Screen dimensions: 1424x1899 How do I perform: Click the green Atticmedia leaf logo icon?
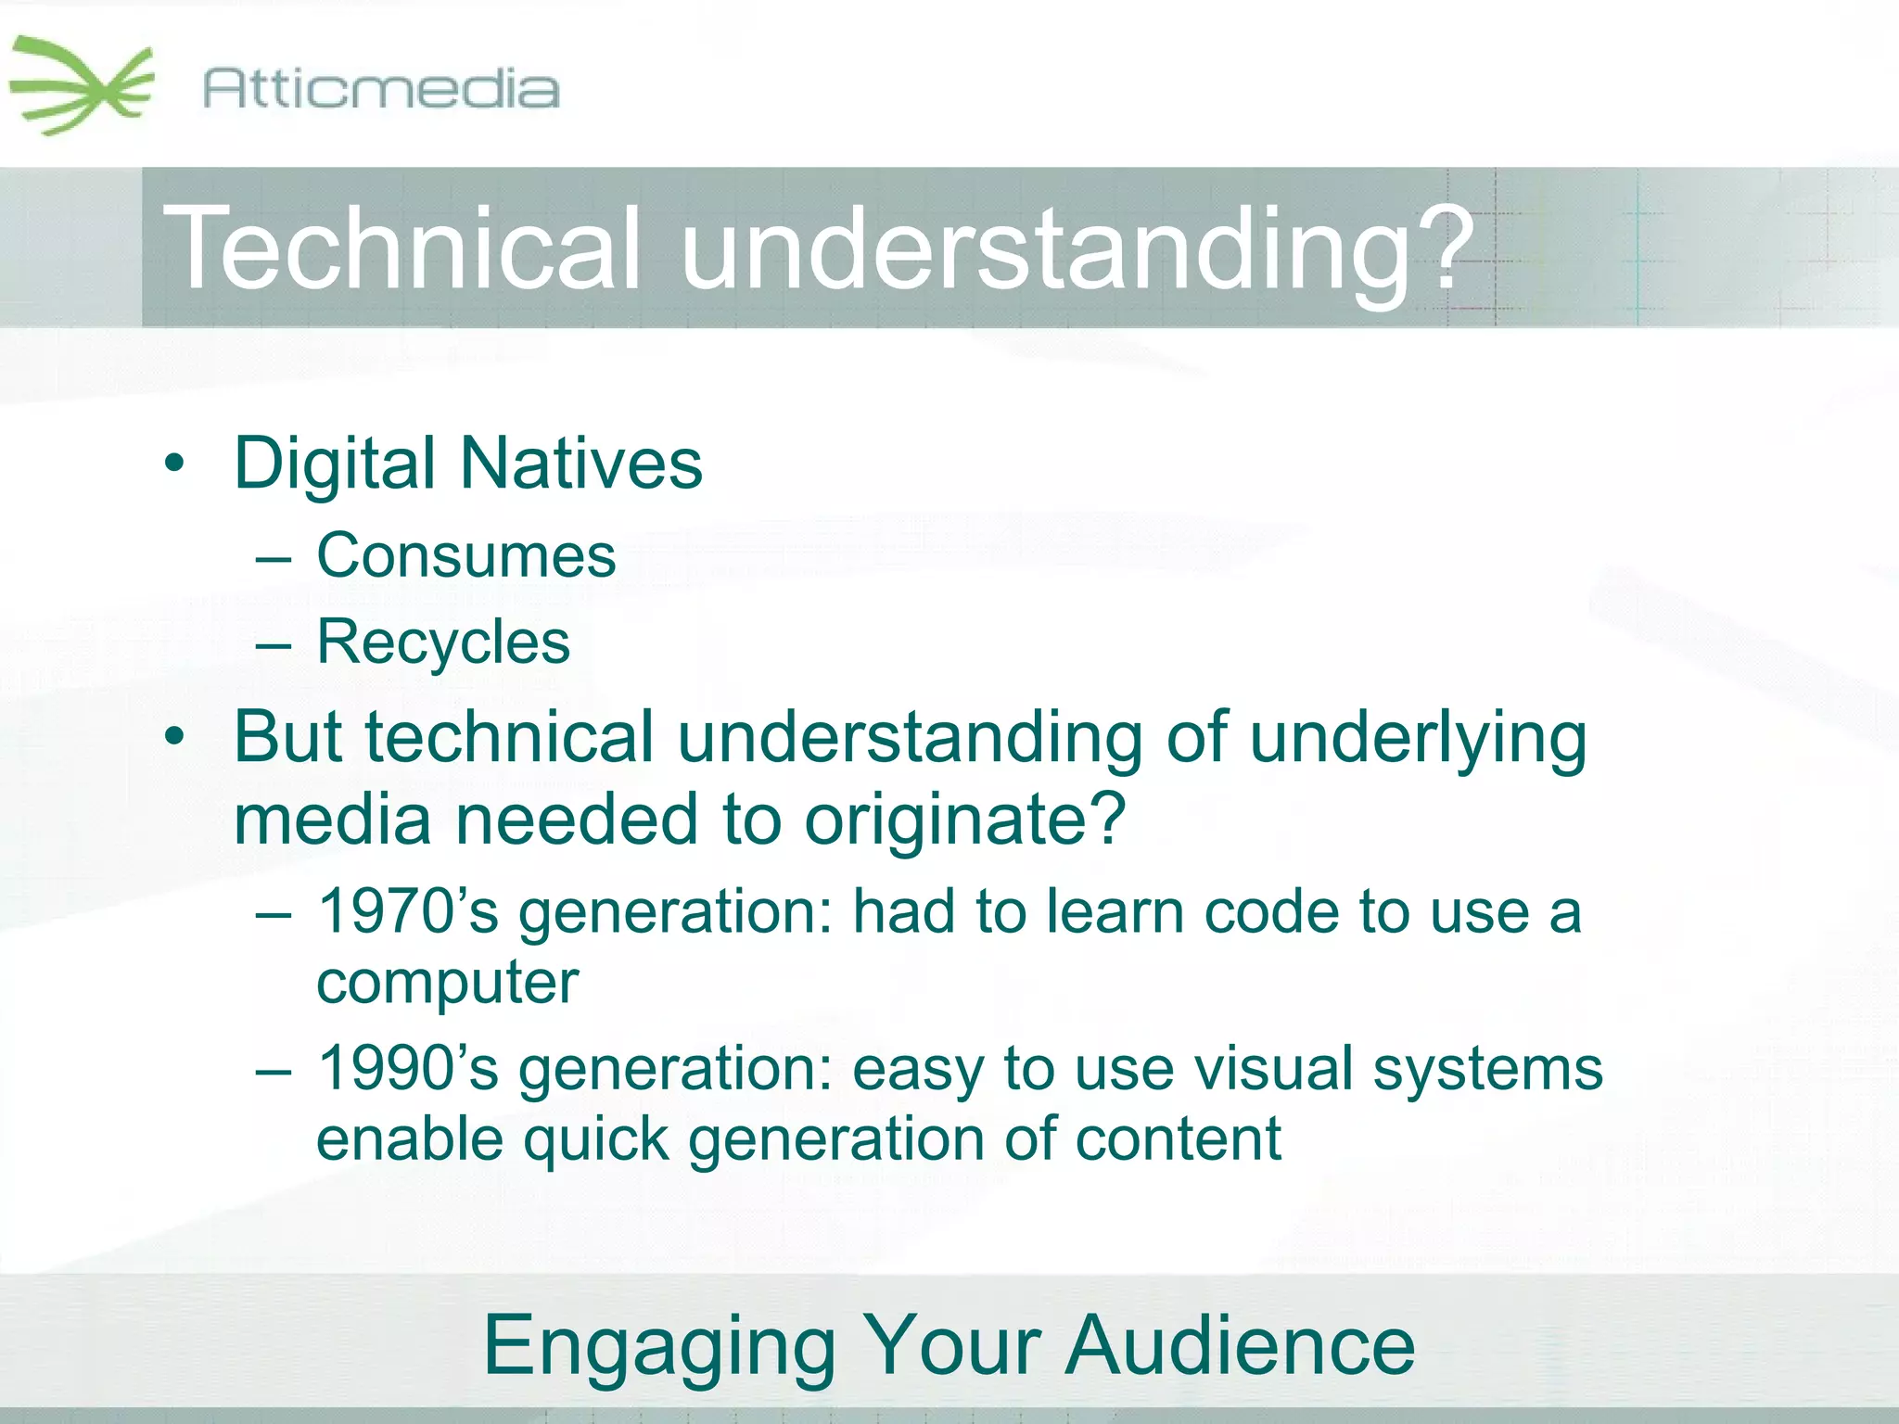(82, 86)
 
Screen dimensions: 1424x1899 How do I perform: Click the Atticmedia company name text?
(380, 89)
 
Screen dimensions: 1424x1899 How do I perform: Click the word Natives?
(581, 464)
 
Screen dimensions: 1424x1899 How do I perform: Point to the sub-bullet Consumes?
(465, 556)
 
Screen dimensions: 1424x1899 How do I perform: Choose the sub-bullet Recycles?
(443, 642)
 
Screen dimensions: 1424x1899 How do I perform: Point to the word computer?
(447, 983)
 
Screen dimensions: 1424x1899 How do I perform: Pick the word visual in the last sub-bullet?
(1274, 1068)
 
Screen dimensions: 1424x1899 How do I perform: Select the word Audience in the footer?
(1240, 1346)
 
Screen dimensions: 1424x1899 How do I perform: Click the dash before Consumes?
(274, 559)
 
